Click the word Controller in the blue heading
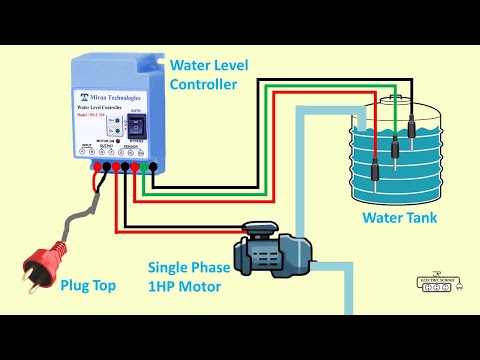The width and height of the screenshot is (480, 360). (x=203, y=85)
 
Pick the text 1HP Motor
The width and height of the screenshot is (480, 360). (x=188, y=286)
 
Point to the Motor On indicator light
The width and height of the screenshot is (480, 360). (x=116, y=131)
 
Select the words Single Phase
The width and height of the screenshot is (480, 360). (x=189, y=268)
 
